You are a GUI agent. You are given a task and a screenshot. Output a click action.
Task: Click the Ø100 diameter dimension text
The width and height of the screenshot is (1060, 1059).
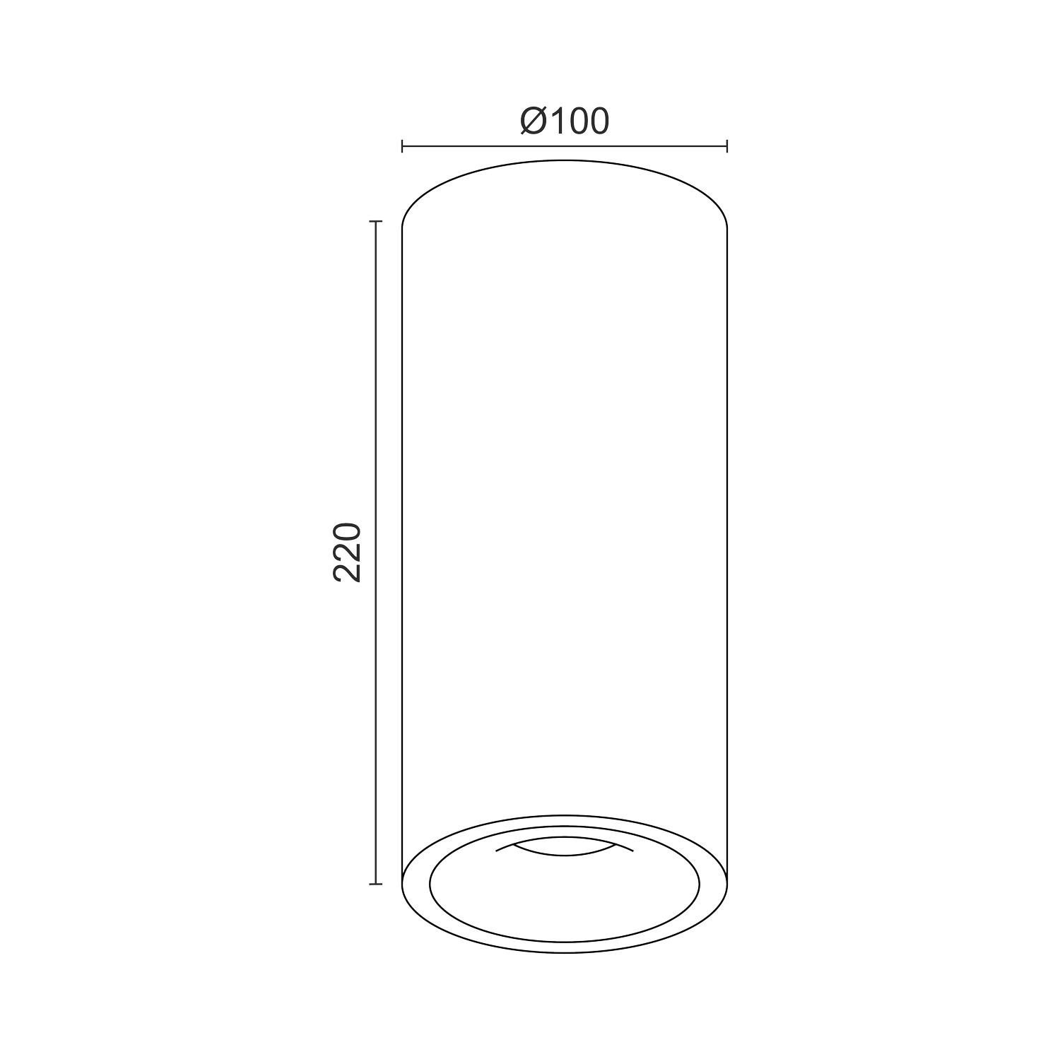pyautogui.click(x=564, y=121)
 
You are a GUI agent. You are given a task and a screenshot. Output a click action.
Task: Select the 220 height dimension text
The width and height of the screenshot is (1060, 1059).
pyautogui.click(x=347, y=552)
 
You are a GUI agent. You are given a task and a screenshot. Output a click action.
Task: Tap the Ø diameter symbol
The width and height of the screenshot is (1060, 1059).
pyautogui.click(x=533, y=121)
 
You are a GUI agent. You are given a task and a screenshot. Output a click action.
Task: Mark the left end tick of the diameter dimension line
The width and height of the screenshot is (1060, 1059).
pyautogui.click(x=402, y=146)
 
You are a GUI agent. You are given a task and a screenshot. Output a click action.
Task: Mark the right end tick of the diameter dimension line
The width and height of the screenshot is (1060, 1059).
pyautogui.click(x=727, y=146)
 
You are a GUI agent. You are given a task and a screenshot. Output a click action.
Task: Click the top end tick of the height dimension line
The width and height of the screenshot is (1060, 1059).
pyautogui.click(x=375, y=222)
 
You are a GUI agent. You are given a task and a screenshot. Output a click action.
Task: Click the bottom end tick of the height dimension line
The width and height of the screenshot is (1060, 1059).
pyautogui.click(x=375, y=884)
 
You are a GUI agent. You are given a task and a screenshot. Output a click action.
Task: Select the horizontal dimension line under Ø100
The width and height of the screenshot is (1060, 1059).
pyautogui.click(x=565, y=146)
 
